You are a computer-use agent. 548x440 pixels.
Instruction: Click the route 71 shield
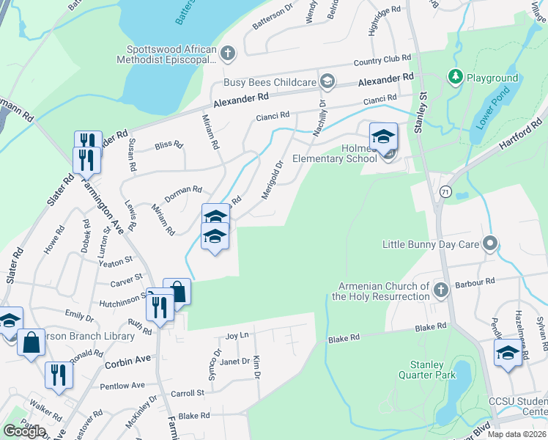[445, 191]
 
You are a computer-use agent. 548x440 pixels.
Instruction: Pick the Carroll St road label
[187, 394]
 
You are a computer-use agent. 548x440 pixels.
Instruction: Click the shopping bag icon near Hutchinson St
[177, 292]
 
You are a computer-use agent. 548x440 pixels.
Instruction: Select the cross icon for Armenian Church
[440, 290]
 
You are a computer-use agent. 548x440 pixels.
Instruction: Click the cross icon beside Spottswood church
[229, 53]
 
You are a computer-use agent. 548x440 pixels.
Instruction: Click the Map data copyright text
[517, 434]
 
